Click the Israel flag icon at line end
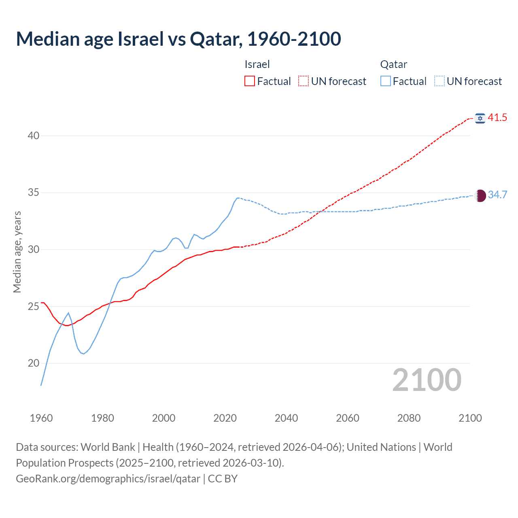pyautogui.click(x=480, y=118)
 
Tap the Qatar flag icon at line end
pyautogui.click(x=480, y=195)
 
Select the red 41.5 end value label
pyautogui.click(x=497, y=118)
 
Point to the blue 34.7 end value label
pyautogui.click(x=497, y=195)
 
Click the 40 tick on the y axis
pyautogui.click(x=34, y=136)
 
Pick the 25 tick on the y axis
pyautogui.click(x=34, y=306)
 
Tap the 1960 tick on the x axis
pyautogui.click(x=41, y=418)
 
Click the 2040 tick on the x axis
pyautogui.click(x=286, y=418)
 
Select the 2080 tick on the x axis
pyautogui.click(x=409, y=418)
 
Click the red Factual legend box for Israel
pyautogui.click(x=250, y=81)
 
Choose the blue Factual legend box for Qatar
pyautogui.click(x=386, y=81)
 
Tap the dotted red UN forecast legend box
pyautogui.click(x=304, y=81)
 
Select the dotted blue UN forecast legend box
pyautogui.click(x=439, y=81)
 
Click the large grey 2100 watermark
pyautogui.click(x=427, y=380)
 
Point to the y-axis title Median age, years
pyautogui.click(x=17, y=252)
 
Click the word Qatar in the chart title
pyautogui.click(x=214, y=39)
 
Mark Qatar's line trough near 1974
pyautogui.click(x=83, y=354)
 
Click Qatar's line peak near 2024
pyautogui.click(x=238, y=198)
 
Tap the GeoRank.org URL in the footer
pyautogui.click(x=108, y=479)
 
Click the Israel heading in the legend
pyautogui.click(x=257, y=64)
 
